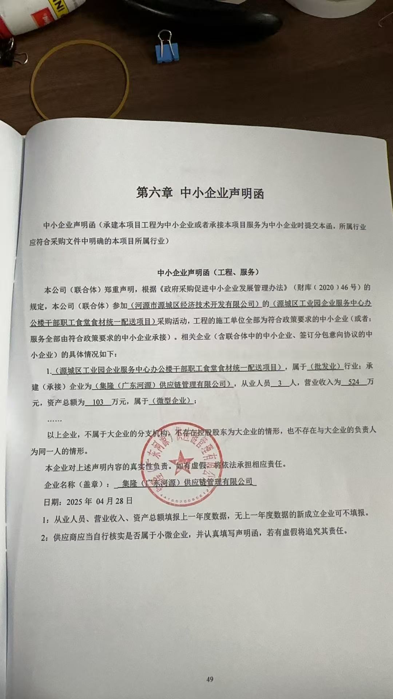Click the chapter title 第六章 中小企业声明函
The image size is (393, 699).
[200, 193]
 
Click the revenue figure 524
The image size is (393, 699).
[353, 382]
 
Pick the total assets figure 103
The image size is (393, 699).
[98, 402]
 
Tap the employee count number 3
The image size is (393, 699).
[279, 383]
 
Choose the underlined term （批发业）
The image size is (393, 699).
[325, 366]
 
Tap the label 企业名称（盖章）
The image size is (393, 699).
[76, 485]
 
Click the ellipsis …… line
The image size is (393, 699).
[55, 420]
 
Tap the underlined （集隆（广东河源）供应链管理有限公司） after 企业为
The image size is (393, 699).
[163, 384]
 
